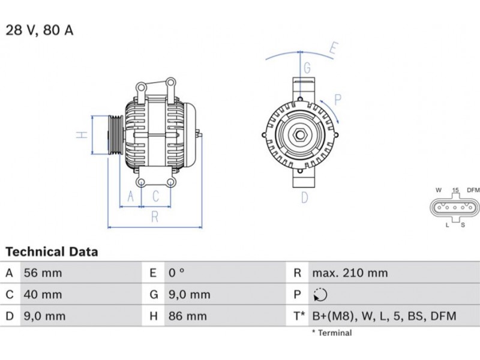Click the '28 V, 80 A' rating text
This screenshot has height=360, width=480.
[x=40, y=31]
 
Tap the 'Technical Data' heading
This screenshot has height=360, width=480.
[x=52, y=251]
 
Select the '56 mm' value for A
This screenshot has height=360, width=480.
[x=43, y=273]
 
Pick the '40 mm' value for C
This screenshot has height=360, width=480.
[x=43, y=295]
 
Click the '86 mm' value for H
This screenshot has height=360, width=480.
[x=188, y=316]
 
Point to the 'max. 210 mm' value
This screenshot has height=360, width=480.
[x=350, y=273]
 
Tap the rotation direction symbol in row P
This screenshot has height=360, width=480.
[x=320, y=295]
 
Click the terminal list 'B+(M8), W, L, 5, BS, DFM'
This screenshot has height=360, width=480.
[x=384, y=316]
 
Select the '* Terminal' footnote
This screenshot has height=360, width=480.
[x=332, y=333]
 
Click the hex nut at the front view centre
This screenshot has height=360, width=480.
[x=299, y=134]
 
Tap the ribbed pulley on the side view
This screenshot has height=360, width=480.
[x=115, y=135]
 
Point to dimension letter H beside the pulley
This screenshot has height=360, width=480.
[x=82, y=134]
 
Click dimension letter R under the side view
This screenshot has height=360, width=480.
[x=155, y=217]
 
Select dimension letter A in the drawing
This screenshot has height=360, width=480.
[x=131, y=196]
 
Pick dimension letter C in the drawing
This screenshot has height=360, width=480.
[x=156, y=196]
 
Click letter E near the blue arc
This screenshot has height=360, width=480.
[x=334, y=49]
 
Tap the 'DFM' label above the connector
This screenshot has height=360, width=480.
[x=473, y=190]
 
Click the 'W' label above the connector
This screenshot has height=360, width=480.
[x=439, y=190]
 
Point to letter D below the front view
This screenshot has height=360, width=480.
[x=305, y=197]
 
